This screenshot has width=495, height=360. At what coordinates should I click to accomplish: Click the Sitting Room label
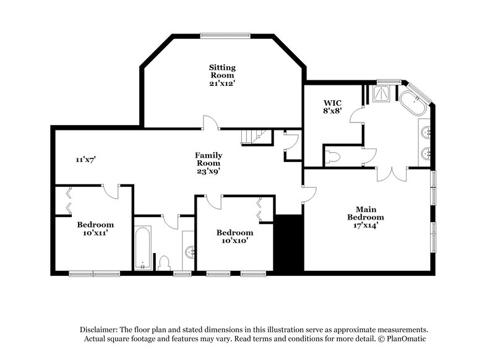(222, 74)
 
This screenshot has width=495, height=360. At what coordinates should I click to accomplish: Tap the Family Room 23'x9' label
(209, 163)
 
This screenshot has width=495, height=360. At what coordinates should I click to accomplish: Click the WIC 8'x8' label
(332, 107)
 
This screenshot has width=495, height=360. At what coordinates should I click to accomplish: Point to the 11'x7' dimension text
(85, 160)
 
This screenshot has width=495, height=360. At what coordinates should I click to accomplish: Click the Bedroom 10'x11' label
(95, 229)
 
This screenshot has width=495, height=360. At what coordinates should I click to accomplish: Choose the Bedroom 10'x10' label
(235, 236)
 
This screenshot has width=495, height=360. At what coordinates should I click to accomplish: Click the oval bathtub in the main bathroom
(411, 104)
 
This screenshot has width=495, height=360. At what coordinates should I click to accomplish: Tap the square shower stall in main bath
(384, 93)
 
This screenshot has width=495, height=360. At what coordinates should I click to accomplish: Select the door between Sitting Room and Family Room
(210, 123)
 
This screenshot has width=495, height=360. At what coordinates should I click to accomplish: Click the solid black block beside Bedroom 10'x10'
(287, 242)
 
